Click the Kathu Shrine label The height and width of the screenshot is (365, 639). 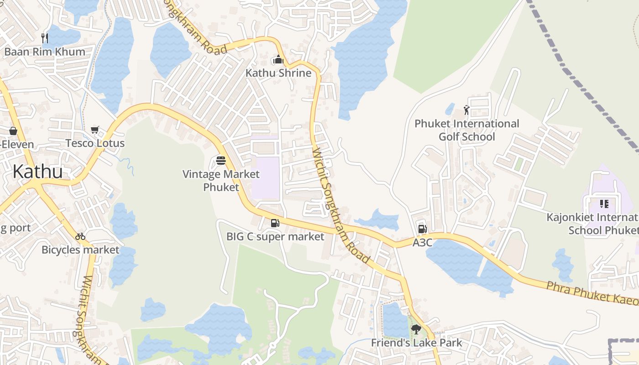[x=278, y=73]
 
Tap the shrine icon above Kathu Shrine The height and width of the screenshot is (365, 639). [x=278, y=60]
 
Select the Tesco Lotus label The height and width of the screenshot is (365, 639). [x=95, y=143]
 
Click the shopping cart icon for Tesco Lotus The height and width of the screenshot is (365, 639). [x=95, y=130]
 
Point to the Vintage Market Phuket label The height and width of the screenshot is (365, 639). [x=221, y=181]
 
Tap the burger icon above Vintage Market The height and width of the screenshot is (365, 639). [x=221, y=161]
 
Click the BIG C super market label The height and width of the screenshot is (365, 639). [x=275, y=236]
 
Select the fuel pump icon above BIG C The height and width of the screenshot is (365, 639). [x=275, y=223]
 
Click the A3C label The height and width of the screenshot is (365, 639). [x=422, y=243]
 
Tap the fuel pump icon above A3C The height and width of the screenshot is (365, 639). [x=422, y=229]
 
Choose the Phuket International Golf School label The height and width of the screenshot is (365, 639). [x=466, y=130]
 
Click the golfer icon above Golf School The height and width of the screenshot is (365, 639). [x=466, y=110]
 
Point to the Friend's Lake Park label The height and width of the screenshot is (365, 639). [x=416, y=343]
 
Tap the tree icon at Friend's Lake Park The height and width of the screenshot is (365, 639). [x=416, y=329]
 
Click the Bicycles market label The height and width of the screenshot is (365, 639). [x=80, y=250]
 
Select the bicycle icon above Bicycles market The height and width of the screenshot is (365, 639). [x=80, y=236]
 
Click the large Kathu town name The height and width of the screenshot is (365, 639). [x=37, y=172]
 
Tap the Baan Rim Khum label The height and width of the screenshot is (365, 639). [x=45, y=52]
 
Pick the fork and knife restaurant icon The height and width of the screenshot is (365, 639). [x=45, y=38]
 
